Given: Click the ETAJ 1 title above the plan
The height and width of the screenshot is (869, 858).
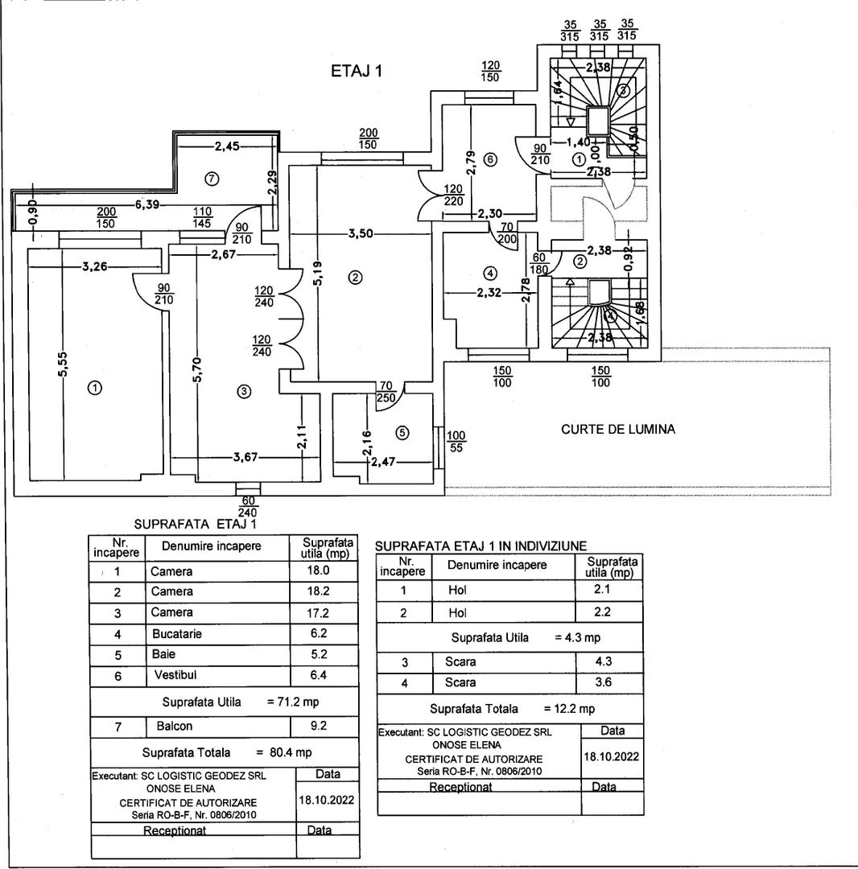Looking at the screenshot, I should (356, 71).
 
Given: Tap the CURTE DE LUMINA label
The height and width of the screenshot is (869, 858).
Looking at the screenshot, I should (617, 430).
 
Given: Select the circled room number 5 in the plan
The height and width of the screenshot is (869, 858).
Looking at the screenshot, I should (403, 432).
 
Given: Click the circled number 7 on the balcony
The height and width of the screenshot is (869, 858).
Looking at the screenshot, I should (212, 179).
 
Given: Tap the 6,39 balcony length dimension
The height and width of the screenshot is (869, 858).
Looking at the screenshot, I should (146, 204).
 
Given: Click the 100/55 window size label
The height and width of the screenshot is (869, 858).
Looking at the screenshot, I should (456, 442).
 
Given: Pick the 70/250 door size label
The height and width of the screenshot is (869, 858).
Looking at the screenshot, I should (386, 392).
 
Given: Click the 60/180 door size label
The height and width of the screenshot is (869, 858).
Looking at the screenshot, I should (537, 263).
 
